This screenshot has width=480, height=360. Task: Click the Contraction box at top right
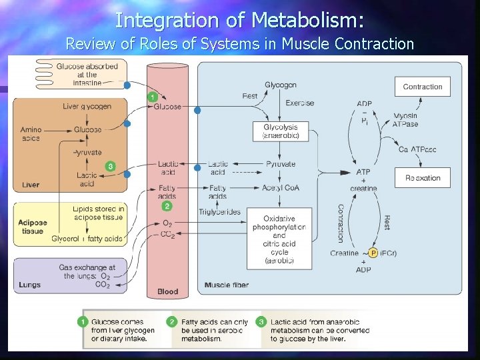tap(422, 87)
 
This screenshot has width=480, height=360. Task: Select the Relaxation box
tap(422, 178)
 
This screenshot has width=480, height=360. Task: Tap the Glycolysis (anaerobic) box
tap(281, 131)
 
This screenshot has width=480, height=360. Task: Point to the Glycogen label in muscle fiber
tap(281, 85)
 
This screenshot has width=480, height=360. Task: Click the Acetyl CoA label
tap(281, 187)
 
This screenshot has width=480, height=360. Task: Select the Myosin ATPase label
tap(405, 120)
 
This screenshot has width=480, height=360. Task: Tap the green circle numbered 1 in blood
tap(154, 98)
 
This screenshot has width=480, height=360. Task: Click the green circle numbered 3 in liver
tap(110, 166)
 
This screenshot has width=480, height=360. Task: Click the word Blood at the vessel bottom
tap(167, 291)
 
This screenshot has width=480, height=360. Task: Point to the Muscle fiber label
tap(227, 285)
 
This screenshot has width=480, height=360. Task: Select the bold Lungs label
tap(30, 285)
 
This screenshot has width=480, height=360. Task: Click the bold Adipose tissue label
tap(31, 227)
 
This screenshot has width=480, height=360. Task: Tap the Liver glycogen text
tap(87, 106)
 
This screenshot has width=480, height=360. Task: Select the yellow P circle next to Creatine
tap(373, 253)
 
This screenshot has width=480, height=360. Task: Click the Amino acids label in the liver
tap(31, 134)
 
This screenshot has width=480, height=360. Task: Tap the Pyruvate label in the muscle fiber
tap(281, 164)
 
